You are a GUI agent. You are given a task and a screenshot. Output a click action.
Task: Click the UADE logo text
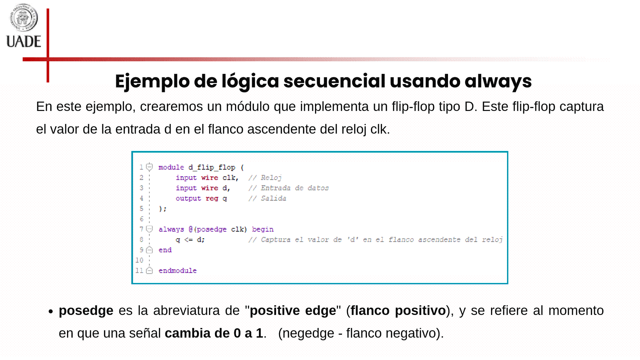[x=24, y=42]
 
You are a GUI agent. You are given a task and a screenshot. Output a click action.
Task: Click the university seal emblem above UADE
[x=23, y=17]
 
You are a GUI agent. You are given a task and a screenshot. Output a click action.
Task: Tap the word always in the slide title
[x=498, y=81]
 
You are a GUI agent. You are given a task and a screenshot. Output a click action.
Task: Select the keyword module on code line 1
[x=171, y=167]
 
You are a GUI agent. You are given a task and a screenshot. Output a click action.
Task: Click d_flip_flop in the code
[x=212, y=167]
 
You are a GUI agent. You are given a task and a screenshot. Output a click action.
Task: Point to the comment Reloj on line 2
[x=271, y=178]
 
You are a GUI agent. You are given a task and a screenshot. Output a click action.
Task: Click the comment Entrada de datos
[x=295, y=188]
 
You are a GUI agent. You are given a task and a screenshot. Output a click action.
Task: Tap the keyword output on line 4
[x=188, y=198]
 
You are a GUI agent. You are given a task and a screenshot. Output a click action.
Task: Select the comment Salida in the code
[x=273, y=198]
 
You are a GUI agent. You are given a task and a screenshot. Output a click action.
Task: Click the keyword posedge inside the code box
[x=212, y=229]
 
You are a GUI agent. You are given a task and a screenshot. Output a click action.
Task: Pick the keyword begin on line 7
[x=263, y=229]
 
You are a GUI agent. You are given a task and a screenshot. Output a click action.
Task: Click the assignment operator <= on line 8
[x=188, y=240]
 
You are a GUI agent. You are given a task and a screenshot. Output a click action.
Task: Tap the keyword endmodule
[x=178, y=271]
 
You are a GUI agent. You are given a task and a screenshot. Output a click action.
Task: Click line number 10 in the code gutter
[x=139, y=260]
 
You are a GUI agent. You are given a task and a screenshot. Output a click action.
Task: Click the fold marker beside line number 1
[x=150, y=167]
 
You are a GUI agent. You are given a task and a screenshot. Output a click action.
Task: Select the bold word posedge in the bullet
[x=86, y=311]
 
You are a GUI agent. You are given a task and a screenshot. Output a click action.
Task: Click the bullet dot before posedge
[x=51, y=312]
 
